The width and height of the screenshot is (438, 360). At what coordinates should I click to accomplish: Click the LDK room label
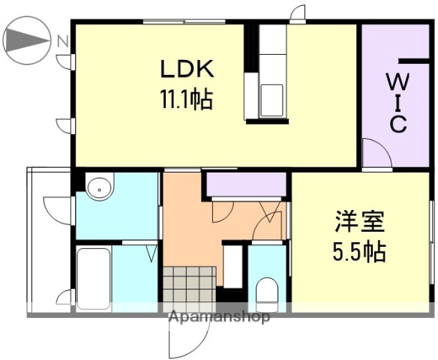click(x=187, y=70)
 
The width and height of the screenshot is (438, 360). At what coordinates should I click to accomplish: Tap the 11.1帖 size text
click(x=184, y=98)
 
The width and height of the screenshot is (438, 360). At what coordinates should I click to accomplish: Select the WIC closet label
click(x=397, y=101)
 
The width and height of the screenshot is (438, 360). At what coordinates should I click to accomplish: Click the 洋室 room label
click(x=359, y=223)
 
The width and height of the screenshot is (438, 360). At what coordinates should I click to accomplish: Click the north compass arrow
click(x=25, y=39)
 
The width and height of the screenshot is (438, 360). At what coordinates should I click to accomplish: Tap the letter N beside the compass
click(x=64, y=40)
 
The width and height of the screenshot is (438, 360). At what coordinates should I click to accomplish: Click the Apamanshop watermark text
click(x=219, y=317)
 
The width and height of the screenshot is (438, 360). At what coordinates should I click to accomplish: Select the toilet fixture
click(x=266, y=290)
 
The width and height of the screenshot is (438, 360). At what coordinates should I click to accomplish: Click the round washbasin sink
click(x=98, y=187)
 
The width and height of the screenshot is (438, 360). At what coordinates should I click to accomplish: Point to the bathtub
click(x=94, y=277)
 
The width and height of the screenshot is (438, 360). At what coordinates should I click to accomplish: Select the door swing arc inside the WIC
click(x=377, y=154)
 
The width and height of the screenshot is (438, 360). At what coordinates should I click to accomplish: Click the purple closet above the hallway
click(x=245, y=183)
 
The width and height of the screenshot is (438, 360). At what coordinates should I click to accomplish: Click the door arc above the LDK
click(x=298, y=14)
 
